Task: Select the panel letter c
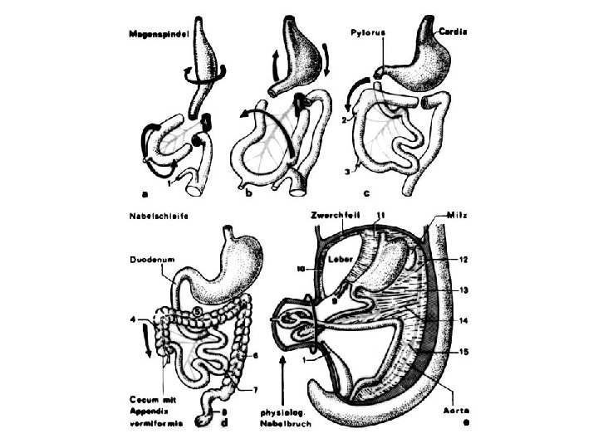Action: tap(365, 196)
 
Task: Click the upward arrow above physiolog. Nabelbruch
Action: tap(284, 379)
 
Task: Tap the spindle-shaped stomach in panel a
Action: tap(208, 54)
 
